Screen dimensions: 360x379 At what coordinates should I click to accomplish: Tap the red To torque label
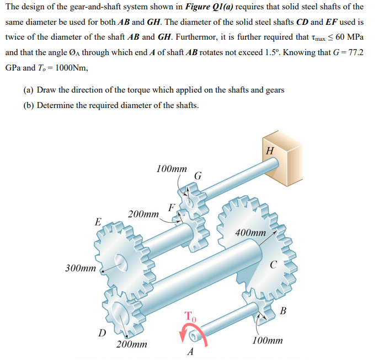[x=189, y=316]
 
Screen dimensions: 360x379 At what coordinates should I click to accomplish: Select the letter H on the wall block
[x=269, y=150]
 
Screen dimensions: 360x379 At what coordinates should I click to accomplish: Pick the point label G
[x=198, y=176]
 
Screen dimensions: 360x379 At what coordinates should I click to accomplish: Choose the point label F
[x=172, y=207]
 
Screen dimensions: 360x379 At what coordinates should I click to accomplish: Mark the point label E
[x=98, y=222]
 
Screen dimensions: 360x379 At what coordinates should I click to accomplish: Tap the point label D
[x=102, y=332]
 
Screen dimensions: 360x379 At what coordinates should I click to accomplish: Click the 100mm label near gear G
[x=172, y=168]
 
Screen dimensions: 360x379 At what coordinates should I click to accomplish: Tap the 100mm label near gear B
[x=268, y=341]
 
